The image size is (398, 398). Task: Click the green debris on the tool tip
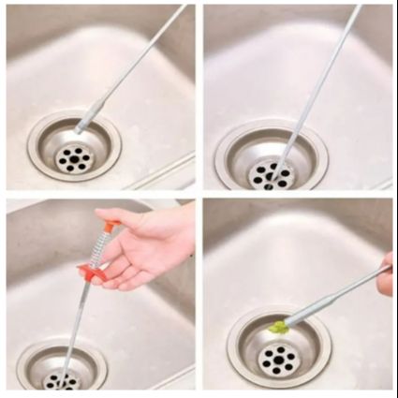tap(275, 327)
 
